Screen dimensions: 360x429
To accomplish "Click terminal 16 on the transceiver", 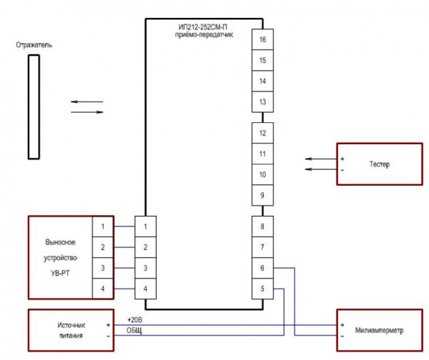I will click(263, 40).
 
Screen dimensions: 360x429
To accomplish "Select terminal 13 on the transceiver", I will click(263, 102).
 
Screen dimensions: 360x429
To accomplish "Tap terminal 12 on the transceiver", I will click(263, 134).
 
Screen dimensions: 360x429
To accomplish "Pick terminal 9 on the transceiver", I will click(263, 195).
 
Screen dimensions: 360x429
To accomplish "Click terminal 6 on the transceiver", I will click(263, 268).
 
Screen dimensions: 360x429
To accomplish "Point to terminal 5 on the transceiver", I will click(263, 289).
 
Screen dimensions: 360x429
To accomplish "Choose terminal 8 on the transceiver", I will click(263, 226).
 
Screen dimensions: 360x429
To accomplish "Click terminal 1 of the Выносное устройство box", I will click(103, 226).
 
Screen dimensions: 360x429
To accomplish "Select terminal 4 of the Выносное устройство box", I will click(103, 289).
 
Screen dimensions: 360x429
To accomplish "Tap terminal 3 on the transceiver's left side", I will click(146, 268).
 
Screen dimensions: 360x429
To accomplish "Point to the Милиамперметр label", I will click(380, 331).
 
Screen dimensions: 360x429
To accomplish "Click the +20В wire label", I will click(135, 319).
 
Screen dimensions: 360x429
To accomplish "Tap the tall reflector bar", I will click(33, 106).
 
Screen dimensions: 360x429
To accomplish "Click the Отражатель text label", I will click(33, 45).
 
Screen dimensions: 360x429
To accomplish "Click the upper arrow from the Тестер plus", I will click(317, 158).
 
